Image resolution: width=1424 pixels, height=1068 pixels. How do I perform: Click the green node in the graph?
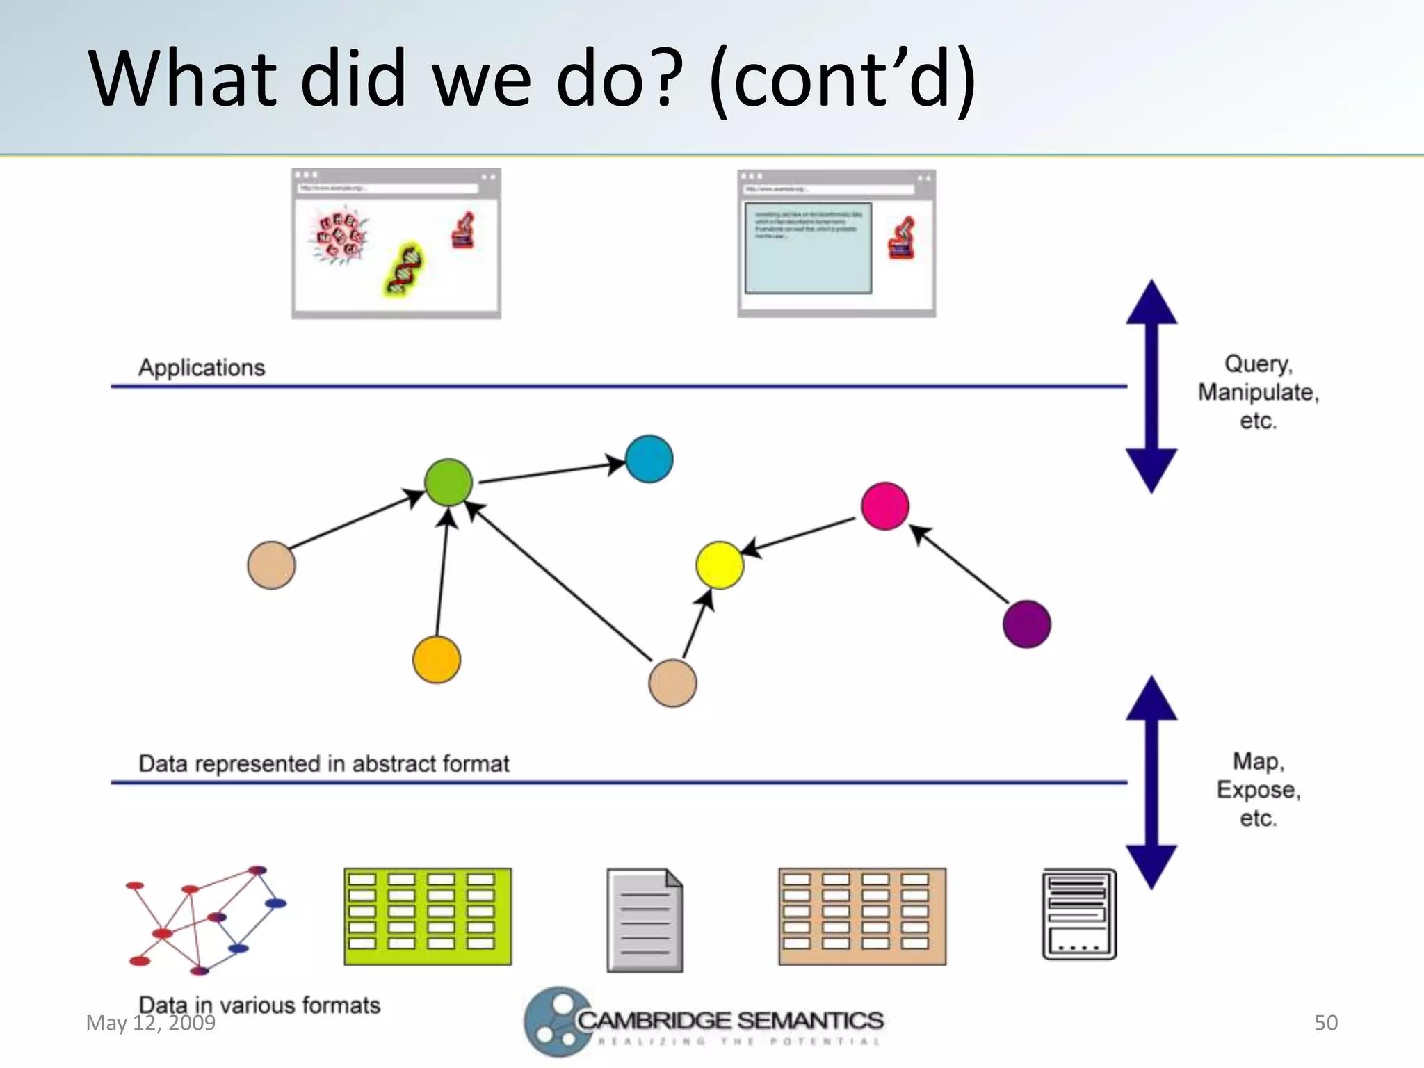click(x=448, y=482)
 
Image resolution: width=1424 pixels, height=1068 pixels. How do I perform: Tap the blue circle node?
click(x=649, y=459)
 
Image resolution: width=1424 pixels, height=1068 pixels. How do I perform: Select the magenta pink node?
click(x=884, y=505)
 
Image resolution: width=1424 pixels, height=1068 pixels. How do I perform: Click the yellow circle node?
click(x=720, y=565)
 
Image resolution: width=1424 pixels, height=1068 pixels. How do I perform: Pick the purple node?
click(x=1026, y=624)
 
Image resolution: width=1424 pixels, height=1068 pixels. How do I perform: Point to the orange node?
click(x=436, y=659)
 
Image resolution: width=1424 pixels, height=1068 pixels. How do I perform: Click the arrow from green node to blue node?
click(x=549, y=473)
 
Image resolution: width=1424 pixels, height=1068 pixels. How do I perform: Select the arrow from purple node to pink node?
click(x=960, y=565)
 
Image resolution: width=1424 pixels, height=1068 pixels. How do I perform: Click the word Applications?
click(x=202, y=367)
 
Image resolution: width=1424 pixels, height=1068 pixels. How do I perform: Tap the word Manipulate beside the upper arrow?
click(x=1257, y=392)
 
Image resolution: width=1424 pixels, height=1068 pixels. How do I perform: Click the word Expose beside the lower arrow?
click(x=1257, y=790)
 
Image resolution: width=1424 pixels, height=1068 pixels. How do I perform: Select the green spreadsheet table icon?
click(x=428, y=916)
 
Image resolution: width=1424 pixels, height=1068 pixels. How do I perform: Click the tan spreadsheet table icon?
click(x=862, y=916)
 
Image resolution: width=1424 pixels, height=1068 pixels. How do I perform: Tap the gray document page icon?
click(x=645, y=920)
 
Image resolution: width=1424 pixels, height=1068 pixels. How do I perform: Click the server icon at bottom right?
click(x=1078, y=914)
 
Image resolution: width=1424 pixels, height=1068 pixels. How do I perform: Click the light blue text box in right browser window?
click(x=808, y=248)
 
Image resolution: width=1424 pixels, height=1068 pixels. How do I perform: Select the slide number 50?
click(x=1325, y=1022)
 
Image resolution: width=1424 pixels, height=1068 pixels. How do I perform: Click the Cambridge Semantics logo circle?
click(x=558, y=1021)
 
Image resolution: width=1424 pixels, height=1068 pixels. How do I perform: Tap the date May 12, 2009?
click(x=150, y=1023)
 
